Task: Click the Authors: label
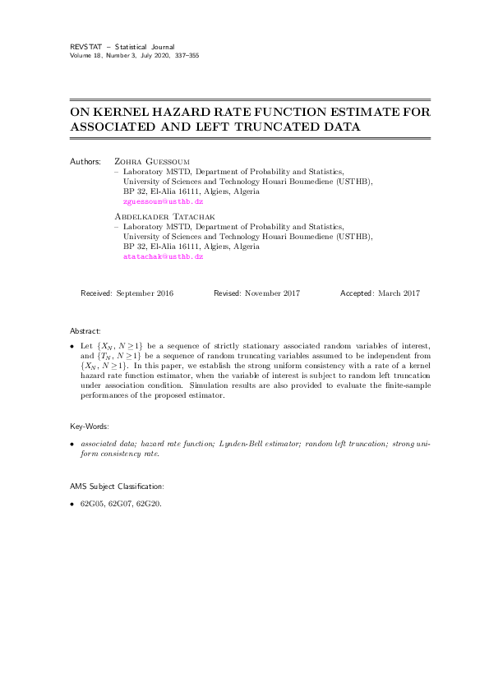(x=87, y=163)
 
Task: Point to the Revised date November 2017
(x=270, y=293)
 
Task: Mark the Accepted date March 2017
(x=398, y=293)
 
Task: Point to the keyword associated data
(x=105, y=443)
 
